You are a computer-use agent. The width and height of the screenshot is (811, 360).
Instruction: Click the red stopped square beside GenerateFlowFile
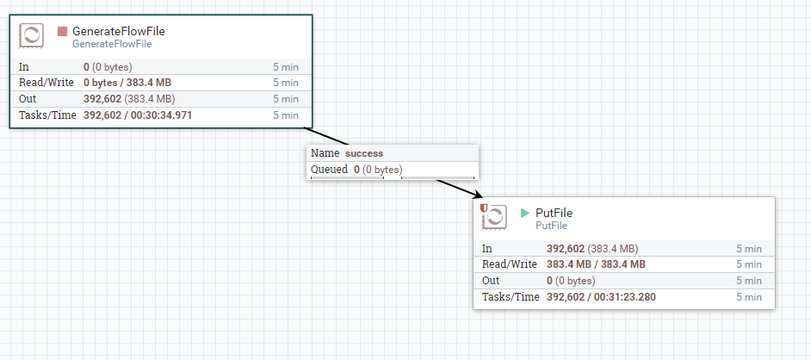pos(62,31)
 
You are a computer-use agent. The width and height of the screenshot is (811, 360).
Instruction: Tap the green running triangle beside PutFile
pos(525,213)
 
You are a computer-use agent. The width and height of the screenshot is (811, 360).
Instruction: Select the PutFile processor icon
pos(494,217)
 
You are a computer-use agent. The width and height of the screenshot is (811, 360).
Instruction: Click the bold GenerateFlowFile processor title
pos(118,31)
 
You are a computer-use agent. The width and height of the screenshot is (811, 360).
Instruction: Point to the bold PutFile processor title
pos(554,213)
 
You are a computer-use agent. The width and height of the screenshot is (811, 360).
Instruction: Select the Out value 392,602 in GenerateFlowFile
pos(102,99)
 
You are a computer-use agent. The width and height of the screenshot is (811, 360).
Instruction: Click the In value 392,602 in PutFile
pos(566,248)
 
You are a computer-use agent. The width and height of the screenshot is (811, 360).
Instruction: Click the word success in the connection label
pos(364,153)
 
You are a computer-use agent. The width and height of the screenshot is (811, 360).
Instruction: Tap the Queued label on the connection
pos(329,170)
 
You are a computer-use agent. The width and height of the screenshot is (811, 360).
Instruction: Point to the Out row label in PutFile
pos(491,281)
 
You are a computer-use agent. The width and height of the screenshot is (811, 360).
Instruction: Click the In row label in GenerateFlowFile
pos(24,66)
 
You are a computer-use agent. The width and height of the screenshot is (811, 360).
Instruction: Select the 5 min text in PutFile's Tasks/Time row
pos(748,297)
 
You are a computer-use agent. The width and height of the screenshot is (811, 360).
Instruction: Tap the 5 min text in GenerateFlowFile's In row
pos(286,66)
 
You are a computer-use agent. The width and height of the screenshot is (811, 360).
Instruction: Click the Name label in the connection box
pos(325,153)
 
